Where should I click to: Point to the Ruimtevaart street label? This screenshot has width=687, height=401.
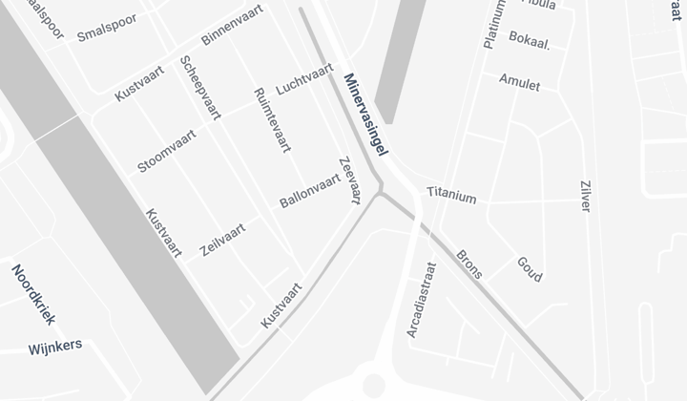(x=272, y=120)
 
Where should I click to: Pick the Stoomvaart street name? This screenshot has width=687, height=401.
(x=167, y=151)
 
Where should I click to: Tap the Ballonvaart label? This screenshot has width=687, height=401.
(x=310, y=190)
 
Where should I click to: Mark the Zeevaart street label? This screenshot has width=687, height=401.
(x=349, y=179)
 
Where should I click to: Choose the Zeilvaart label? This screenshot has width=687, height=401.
(x=222, y=240)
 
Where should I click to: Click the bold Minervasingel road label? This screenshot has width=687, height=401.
(x=367, y=116)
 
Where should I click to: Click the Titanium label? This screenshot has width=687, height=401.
(x=451, y=196)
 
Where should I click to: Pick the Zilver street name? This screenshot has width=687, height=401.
(x=585, y=195)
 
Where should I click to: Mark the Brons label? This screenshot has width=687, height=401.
(x=469, y=264)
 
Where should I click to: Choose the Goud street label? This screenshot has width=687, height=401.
(x=530, y=268)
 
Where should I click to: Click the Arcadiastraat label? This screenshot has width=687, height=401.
(x=421, y=300)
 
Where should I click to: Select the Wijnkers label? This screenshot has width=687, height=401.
(x=55, y=346)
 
